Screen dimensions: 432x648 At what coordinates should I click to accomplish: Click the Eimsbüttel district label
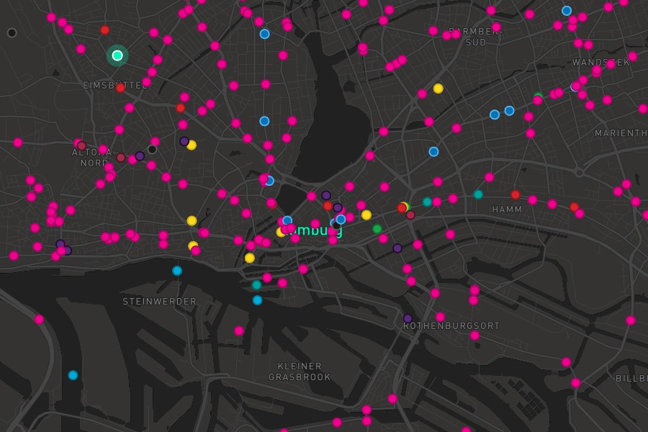[114, 85]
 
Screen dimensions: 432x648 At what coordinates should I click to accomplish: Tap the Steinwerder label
[159, 302]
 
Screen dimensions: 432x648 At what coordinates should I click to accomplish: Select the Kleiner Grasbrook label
[300, 372]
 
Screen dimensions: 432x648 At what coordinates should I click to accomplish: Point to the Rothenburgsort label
[451, 326]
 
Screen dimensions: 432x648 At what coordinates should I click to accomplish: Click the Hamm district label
[507, 210]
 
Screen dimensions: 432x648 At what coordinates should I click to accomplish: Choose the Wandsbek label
[600, 63]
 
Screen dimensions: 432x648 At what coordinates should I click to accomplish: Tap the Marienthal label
[621, 133]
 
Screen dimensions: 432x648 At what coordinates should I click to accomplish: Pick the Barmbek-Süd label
[476, 37]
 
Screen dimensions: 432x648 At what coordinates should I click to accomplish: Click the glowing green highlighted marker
[117, 55]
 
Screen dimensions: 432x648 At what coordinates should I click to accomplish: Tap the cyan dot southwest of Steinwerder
[73, 375]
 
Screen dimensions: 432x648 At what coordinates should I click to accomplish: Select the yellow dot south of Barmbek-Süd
[438, 89]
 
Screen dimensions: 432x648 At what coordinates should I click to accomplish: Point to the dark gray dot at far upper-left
[12, 32]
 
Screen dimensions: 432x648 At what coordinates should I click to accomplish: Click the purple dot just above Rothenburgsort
[408, 318]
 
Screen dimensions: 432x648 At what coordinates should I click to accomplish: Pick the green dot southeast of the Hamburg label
[377, 229]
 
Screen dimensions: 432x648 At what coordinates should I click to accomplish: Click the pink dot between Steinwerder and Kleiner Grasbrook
[239, 330]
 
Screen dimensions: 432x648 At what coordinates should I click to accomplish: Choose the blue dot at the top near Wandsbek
[567, 11]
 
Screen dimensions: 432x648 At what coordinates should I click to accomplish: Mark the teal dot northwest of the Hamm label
[478, 194]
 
